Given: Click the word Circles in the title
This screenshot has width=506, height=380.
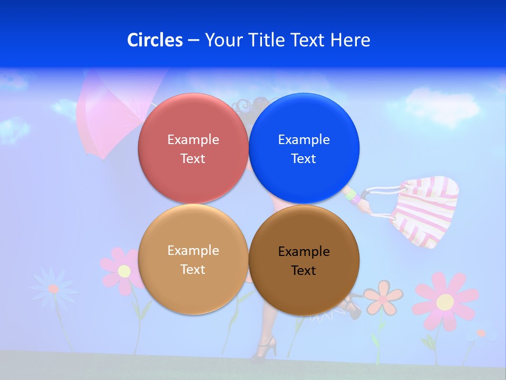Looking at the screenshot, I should pos(154,40).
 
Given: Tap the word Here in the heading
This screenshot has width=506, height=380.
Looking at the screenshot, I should pos(350,40).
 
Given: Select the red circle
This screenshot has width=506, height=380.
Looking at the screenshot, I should pos(193,148).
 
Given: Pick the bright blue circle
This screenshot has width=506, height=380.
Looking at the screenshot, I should pos(304,148).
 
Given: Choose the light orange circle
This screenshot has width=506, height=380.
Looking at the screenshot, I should pos(193,259).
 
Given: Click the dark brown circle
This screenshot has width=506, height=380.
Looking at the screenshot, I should pos(304,260).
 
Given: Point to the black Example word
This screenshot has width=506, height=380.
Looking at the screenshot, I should pos(304,252).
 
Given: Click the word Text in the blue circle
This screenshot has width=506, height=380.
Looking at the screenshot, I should pos(304,158).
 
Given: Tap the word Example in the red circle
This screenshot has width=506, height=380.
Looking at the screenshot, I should pos(193,139).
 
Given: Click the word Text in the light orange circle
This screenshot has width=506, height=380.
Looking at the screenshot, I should pos(193,269).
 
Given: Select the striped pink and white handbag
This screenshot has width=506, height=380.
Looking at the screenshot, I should pos(427,211).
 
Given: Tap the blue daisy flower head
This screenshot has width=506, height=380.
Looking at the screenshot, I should pos(53,288).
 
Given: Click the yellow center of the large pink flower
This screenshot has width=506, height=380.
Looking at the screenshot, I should pos(445,302).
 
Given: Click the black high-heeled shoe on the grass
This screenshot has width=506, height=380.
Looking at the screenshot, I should pos(265,350).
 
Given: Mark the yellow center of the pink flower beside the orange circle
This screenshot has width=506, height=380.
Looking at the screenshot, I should pos(124,271).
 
